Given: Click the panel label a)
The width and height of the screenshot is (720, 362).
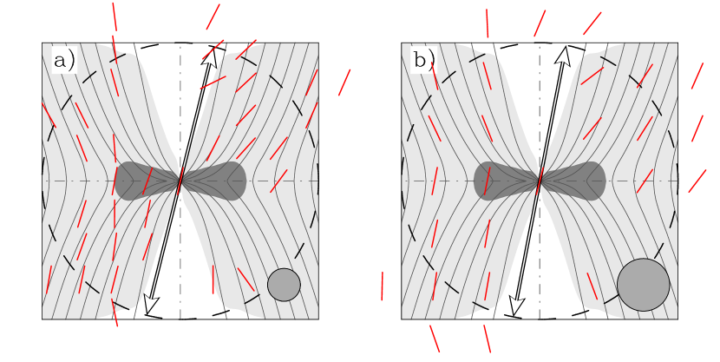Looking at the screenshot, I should click(x=64, y=60).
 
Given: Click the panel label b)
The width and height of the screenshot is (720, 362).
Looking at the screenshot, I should click(x=424, y=60).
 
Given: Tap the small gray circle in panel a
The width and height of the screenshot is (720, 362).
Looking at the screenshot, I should click(x=284, y=285).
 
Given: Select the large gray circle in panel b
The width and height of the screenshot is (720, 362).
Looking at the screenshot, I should click(x=643, y=285).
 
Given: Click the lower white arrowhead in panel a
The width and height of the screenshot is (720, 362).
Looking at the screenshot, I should click(x=151, y=303).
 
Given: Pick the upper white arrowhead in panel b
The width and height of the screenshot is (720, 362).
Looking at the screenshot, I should click(x=564, y=56).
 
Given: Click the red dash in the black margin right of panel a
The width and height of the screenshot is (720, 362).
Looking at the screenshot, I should click(x=344, y=82).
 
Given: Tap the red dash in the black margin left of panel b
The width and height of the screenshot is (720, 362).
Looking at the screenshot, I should click(x=382, y=286).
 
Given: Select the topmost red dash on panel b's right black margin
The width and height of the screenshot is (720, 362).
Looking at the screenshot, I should click(x=697, y=76).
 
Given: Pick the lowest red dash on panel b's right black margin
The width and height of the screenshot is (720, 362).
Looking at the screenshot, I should click(x=697, y=181).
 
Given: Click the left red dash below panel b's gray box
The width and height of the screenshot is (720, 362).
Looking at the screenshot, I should click(x=435, y=339).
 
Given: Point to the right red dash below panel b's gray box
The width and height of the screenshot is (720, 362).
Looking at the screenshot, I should click(x=488, y=339).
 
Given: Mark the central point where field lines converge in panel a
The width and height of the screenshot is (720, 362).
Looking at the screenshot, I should click(x=180, y=181).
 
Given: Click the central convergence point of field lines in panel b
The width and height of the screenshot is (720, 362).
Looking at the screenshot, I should click(x=540, y=181).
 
